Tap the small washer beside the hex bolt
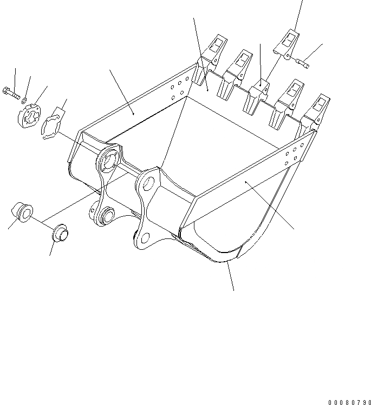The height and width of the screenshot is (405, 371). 24,99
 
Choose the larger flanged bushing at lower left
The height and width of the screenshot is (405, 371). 23,211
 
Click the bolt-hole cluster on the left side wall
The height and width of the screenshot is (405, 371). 180,89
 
